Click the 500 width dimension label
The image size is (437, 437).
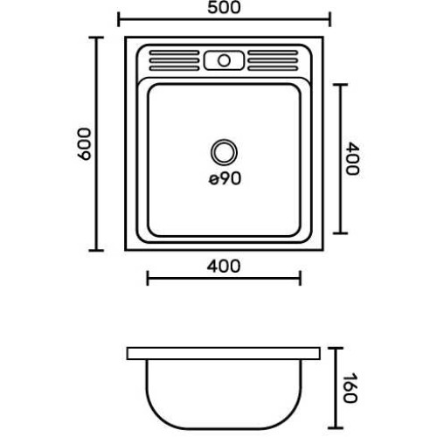(224, 8)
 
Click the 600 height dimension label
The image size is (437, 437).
(85, 144)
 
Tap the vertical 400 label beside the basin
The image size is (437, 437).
(352, 158)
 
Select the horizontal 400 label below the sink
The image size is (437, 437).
(224, 267)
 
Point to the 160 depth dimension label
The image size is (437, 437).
(350, 388)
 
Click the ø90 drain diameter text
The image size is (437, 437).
(225, 178)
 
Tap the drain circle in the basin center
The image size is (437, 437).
(224, 152)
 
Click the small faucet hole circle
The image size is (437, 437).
(224, 60)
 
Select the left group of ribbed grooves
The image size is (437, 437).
(174, 60)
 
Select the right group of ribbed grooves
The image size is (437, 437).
(273, 60)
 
